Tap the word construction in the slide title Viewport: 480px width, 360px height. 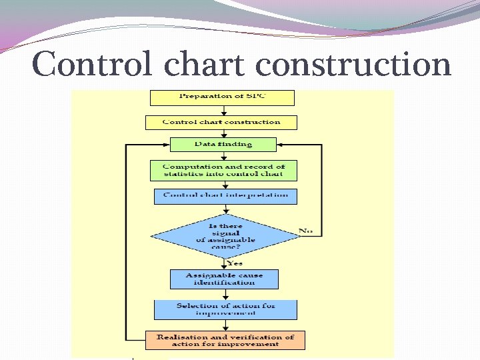coord(354,65)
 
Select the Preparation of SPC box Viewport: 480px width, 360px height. coord(222,97)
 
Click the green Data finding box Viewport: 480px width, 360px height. coord(223,144)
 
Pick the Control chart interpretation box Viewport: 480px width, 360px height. coord(225,196)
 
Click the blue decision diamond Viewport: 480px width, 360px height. coord(225,235)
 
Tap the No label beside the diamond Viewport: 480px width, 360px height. coord(305,231)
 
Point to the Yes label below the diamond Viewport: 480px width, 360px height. coord(234,262)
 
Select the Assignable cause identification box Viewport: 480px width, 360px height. coord(224,279)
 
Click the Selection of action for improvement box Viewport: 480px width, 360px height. coord(225,309)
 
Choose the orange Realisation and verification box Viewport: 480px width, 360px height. coord(225,340)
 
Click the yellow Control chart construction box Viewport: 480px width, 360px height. coord(221,122)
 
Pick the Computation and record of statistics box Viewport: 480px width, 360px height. coord(223,170)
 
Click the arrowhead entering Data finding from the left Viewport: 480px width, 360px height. coord(166,144)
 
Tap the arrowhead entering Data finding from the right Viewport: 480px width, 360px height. coord(280,144)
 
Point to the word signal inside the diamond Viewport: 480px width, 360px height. coord(225,233)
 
